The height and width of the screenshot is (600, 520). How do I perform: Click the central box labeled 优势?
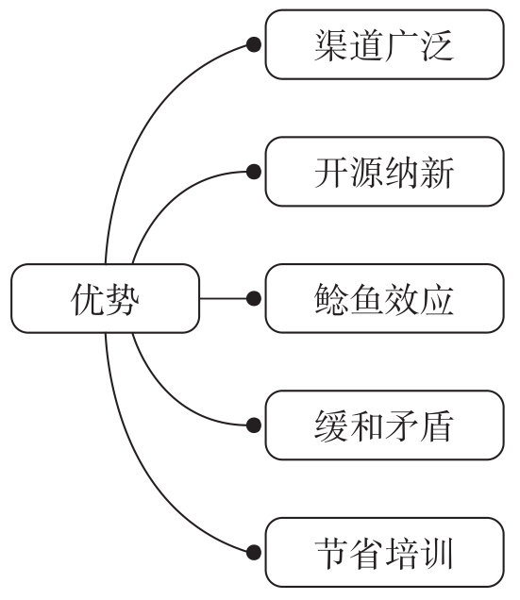tap(106, 299)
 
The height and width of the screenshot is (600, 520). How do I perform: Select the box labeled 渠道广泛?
tap(384, 44)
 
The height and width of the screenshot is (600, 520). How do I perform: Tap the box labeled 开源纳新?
tap(384, 172)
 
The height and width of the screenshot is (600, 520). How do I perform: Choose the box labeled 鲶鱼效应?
tap(384, 299)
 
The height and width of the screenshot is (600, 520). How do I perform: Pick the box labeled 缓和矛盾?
tap(384, 426)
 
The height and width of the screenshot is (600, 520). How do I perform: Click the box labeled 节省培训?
tap(384, 553)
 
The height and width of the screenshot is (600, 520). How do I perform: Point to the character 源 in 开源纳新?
tap(366, 172)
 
